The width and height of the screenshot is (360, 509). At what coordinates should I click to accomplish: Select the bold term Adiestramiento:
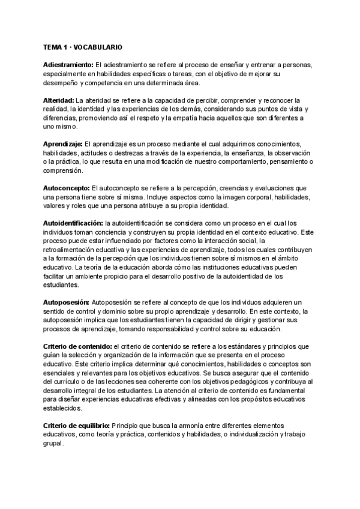[x=68, y=64]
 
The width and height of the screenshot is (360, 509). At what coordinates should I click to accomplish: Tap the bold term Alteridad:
[x=58, y=99]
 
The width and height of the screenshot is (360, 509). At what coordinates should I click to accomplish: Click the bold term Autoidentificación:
[x=73, y=223]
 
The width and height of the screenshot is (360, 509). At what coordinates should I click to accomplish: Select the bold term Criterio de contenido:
[x=77, y=346]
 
